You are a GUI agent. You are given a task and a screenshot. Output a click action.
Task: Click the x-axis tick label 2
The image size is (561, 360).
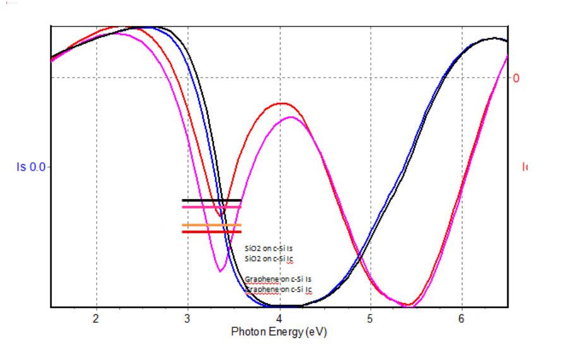[96, 318]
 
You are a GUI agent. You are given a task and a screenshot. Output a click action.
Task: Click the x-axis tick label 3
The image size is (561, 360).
[188, 318]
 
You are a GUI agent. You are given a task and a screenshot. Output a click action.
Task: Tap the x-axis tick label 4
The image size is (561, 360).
[279, 318]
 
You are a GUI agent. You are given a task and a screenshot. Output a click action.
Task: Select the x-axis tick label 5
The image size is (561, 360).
[370, 318]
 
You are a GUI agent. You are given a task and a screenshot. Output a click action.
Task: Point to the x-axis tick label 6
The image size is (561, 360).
[462, 318]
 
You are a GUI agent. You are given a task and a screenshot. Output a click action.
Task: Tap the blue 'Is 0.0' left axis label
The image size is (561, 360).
[31, 167]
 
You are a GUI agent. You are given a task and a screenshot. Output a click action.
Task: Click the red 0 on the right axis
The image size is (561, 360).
[516, 78]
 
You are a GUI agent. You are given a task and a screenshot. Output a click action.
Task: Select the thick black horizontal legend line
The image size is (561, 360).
[212, 200]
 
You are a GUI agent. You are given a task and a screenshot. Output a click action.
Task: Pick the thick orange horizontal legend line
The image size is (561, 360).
[212, 225]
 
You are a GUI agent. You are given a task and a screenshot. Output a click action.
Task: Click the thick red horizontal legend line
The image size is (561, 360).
[212, 232]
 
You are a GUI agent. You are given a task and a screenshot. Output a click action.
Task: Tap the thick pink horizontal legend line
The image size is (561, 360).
[212, 207]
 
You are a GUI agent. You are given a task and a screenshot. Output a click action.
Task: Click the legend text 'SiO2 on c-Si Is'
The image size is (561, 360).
[268, 249]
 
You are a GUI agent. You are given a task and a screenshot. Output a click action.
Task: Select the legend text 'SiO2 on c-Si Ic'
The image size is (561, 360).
[268, 258]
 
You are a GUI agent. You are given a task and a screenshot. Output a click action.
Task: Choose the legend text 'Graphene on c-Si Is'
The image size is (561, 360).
[278, 279]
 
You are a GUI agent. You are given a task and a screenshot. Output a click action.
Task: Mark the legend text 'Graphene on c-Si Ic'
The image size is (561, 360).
[278, 289]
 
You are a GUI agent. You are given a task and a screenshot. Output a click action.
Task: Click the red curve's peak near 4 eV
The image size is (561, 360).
[279, 103]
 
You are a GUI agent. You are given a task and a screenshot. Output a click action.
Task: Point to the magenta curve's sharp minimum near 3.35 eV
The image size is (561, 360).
[220, 271]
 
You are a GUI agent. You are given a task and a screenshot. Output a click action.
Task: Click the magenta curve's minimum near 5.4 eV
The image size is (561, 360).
[411, 305]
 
